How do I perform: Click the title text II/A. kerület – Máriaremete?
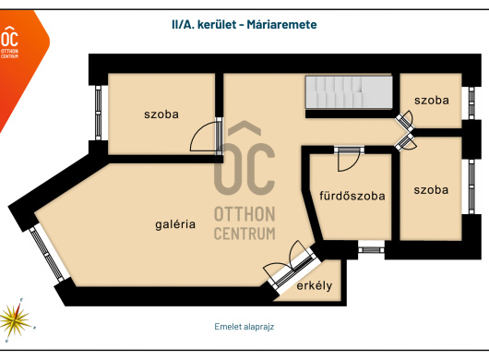pos(244,24)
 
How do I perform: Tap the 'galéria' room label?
pos(175,224)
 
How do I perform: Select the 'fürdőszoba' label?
pos(352,196)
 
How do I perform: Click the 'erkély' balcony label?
pos(314,285)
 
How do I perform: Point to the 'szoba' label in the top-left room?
pos(161,114)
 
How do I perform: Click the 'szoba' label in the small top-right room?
pos(432,100)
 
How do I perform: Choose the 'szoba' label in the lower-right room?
pos(431,189)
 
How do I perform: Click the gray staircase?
pos(349,92)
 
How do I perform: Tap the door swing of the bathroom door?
pos(349,159)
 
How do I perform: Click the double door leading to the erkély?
pos(290,265)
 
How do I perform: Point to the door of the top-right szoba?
pos(405,120)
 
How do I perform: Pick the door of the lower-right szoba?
pos(405,142)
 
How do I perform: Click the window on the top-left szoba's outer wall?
pos(98,113)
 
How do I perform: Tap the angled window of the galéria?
pos(47,255)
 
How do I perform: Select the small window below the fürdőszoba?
pos(371,250)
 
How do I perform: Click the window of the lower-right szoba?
pos(471,186)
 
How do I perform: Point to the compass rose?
pos(16,319)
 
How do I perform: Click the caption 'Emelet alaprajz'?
pos(244,327)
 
